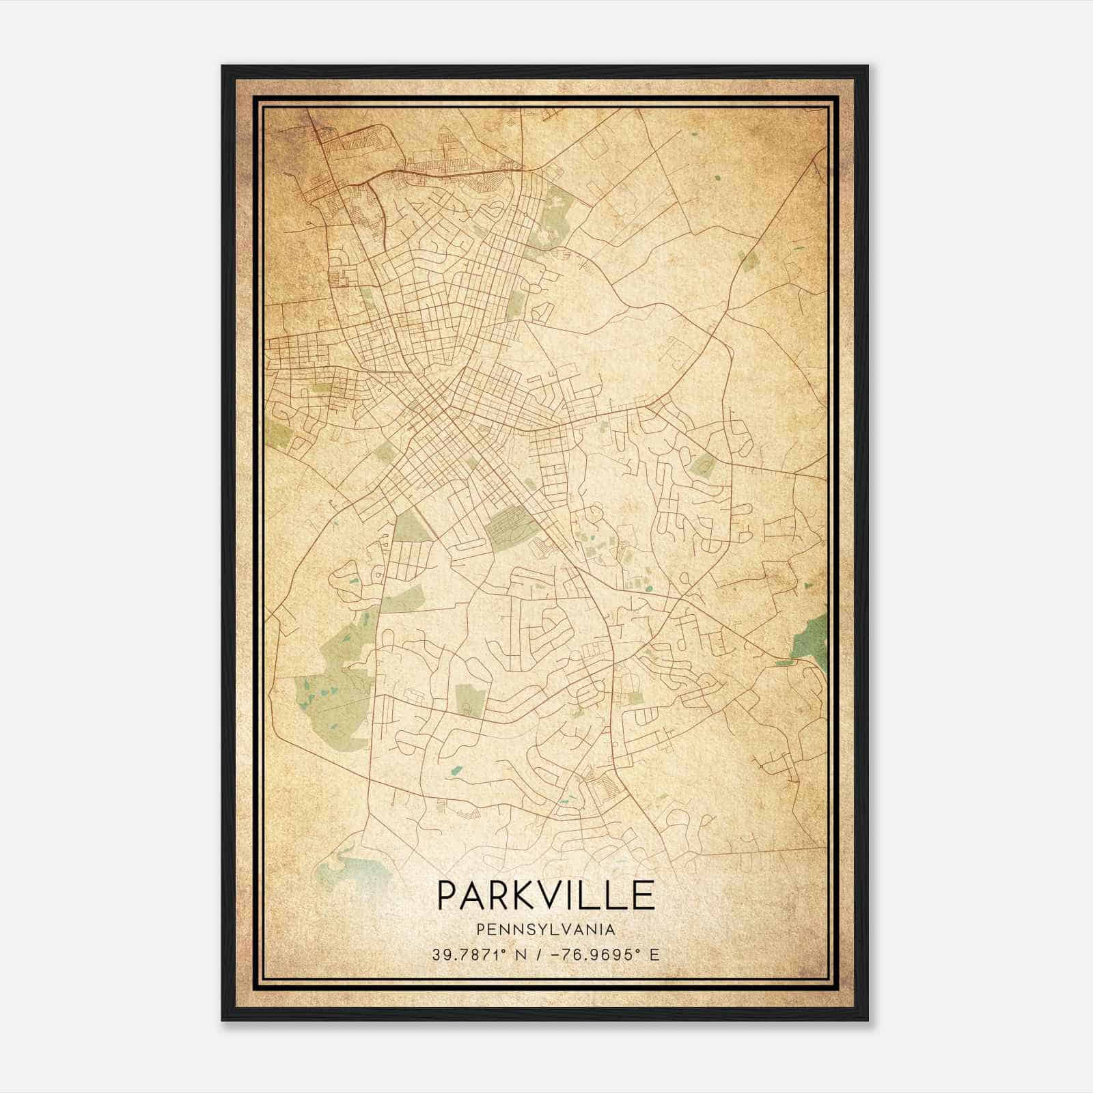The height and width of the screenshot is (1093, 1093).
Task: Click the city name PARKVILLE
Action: coord(545,895)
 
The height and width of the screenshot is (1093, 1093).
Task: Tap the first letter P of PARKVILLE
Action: coord(447,895)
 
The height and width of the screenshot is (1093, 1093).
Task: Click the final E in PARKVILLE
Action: coord(643,895)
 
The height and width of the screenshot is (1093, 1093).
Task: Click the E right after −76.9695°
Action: coord(654,954)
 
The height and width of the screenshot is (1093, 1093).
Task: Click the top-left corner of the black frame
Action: coord(223,66)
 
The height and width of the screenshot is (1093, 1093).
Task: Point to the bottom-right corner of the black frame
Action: coord(868,1020)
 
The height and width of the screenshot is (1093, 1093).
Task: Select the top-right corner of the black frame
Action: coord(868,66)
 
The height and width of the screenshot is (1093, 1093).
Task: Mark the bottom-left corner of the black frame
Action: coord(223,1020)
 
